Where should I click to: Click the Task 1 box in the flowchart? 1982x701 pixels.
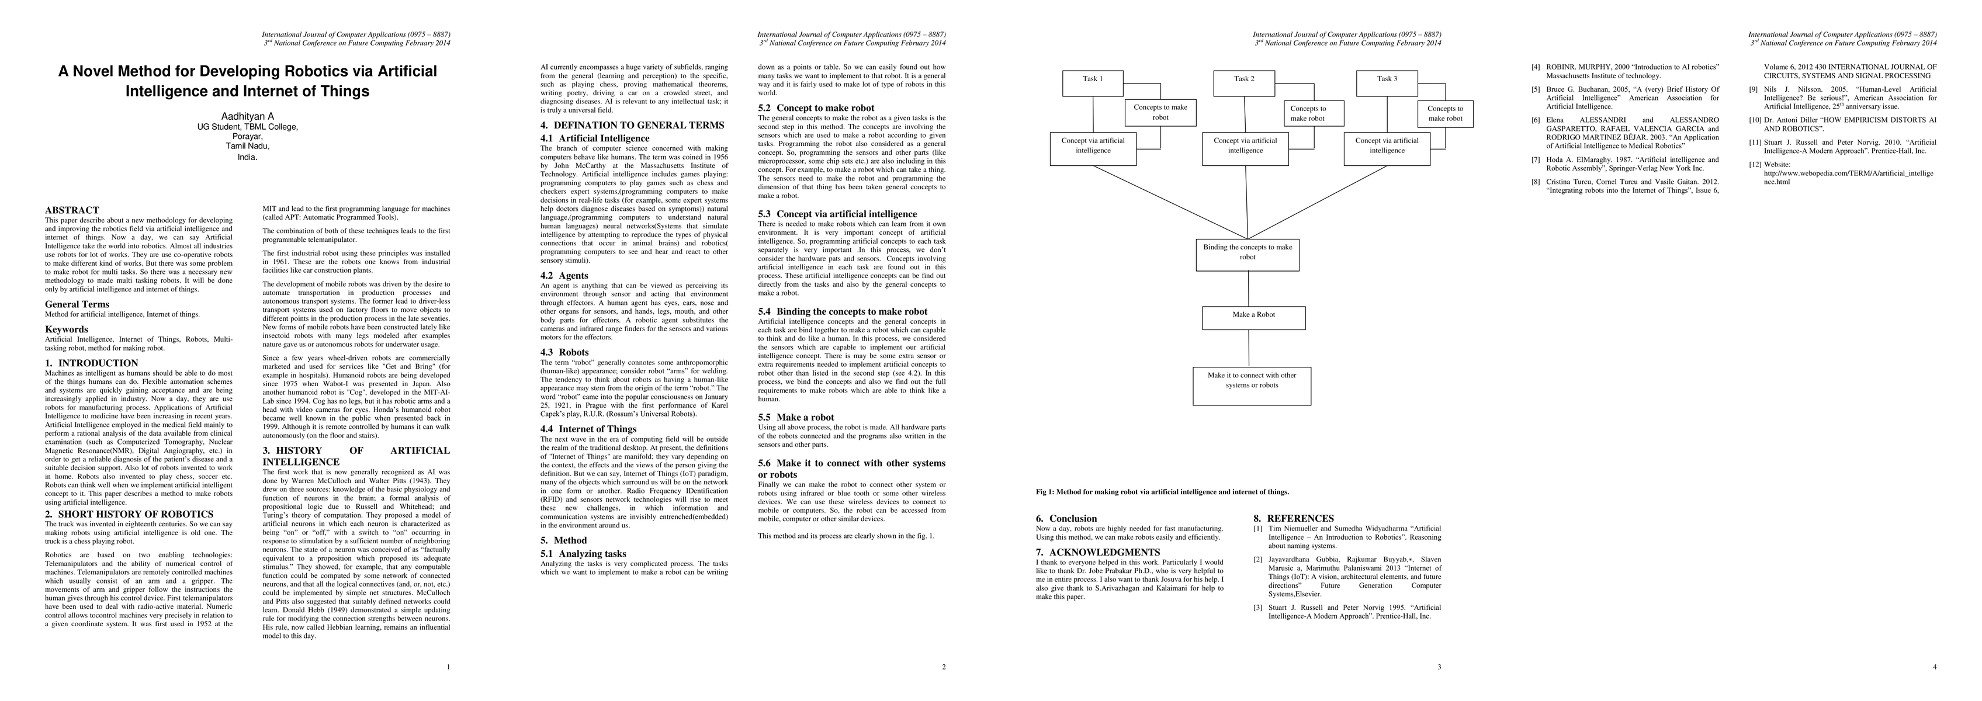click(1093, 83)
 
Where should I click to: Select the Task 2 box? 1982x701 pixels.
click(1244, 83)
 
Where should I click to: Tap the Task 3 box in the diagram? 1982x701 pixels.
click(1386, 83)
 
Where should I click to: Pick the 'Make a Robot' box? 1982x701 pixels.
click(1253, 318)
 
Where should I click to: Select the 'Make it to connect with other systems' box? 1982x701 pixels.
click(1252, 386)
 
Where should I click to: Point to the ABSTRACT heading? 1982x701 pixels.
click(71, 210)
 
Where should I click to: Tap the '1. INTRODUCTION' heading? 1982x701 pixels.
click(92, 363)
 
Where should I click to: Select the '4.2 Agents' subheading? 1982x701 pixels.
click(564, 276)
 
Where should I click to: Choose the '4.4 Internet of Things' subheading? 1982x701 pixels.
click(588, 429)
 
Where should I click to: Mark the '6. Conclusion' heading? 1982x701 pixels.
click(1066, 519)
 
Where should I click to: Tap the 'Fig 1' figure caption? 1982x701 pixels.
click(1162, 492)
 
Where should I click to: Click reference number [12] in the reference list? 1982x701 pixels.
click(1756, 164)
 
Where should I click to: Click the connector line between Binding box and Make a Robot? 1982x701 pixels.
click(1248, 289)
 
